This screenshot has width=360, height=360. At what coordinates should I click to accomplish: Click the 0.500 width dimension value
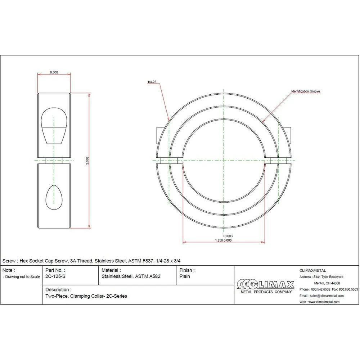tap(54, 72)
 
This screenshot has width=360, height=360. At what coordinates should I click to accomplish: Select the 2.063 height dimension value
tap(87, 161)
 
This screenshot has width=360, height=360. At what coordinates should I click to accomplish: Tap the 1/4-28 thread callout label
tap(152, 82)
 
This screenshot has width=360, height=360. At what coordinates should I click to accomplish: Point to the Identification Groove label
tap(306, 91)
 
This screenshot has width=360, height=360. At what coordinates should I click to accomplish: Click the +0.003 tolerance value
tap(228, 236)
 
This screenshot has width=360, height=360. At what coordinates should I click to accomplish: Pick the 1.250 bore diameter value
tap(219, 240)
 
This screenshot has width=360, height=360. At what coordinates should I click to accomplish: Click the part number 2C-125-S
tap(55, 276)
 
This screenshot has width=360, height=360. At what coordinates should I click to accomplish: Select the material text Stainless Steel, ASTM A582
tap(131, 276)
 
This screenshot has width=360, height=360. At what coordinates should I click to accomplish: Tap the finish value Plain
tap(185, 276)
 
